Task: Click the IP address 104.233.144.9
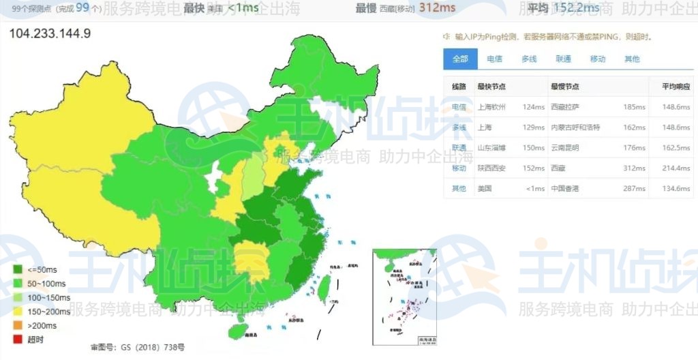pyautogui.click(x=50, y=33)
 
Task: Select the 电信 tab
pyautogui.click(x=494, y=59)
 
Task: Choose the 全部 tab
pyautogui.click(x=460, y=59)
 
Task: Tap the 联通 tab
pyautogui.click(x=563, y=59)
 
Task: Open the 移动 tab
pyautogui.click(x=598, y=59)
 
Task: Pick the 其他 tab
pyautogui.click(x=632, y=59)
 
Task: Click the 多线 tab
pyautogui.click(x=529, y=59)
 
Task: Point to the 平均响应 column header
pyautogui.click(x=676, y=87)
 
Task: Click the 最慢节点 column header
pyautogui.click(x=565, y=87)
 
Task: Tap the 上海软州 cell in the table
pyautogui.click(x=491, y=107)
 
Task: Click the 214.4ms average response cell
pyautogui.click(x=676, y=168)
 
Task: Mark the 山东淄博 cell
pyautogui.click(x=491, y=148)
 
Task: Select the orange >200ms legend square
pyautogui.click(x=18, y=325)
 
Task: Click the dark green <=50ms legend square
pyautogui.click(x=18, y=270)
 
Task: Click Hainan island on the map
pyautogui.click(x=237, y=331)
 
